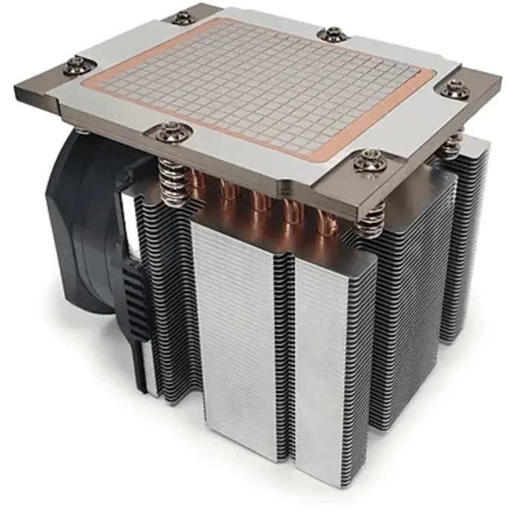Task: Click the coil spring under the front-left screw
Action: tap(172, 182)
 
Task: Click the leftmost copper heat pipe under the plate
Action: tap(199, 185)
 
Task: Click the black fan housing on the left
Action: tap(82, 222)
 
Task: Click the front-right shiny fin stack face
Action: tap(326, 356)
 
